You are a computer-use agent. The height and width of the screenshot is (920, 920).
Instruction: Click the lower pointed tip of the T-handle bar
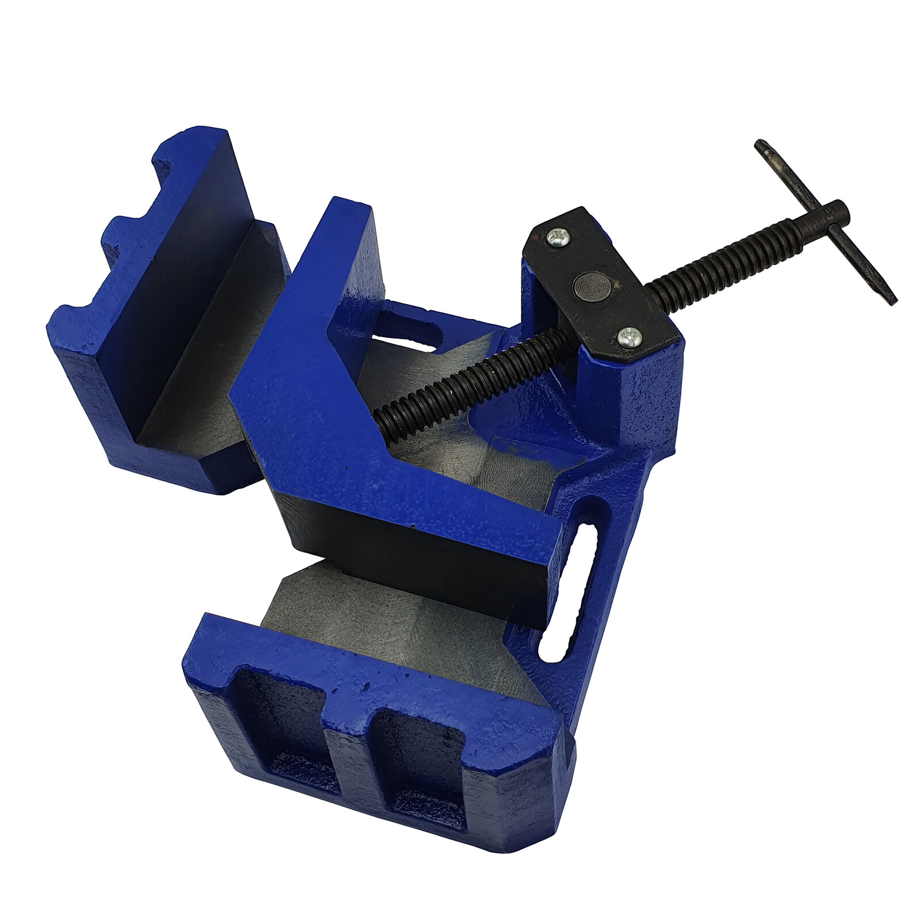point(892,298)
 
